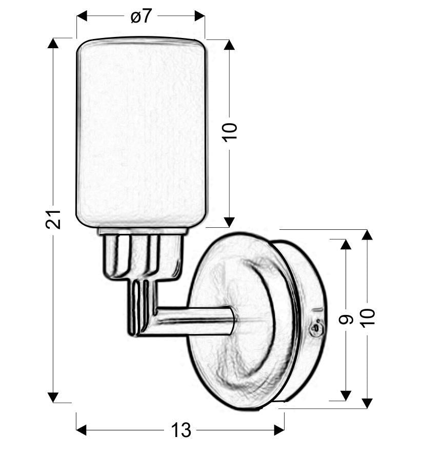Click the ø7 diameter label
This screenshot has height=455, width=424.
click(141, 16)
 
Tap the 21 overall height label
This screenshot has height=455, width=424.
click(53, 219)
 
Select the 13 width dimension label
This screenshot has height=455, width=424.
click(181, 430)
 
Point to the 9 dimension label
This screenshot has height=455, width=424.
click(346, 320)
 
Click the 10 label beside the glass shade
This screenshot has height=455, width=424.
click(230, 132)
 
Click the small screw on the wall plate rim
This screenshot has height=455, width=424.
click(316, 330)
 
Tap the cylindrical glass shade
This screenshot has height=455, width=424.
click(141, 132)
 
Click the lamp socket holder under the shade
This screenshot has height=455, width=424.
click(142, 254)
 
